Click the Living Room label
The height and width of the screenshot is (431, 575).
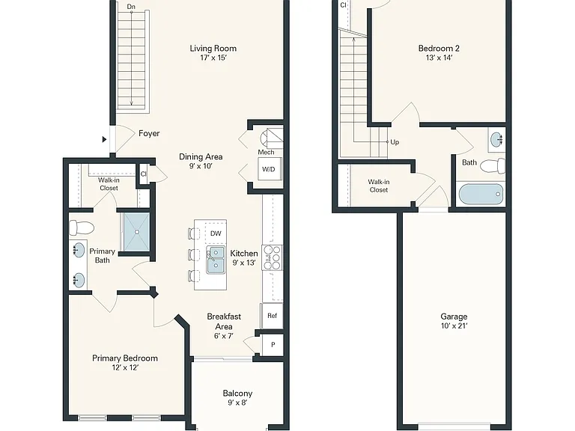click(213, 49)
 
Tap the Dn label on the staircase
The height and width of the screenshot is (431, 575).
click(131, 7)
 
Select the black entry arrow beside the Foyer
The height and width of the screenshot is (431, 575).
click(105, 139)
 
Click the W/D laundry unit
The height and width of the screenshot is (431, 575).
click(270, 169)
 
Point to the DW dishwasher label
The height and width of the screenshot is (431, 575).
click(216, 233)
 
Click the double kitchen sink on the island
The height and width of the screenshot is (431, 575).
click(216, 260)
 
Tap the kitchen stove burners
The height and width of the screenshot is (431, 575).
click(272, 257)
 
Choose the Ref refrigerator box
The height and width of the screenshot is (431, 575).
click(272, 316)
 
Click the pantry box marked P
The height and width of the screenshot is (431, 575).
click(273, 344)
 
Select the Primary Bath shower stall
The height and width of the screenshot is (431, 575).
click(137, 232)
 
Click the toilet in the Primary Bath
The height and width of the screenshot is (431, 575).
click(82, 227)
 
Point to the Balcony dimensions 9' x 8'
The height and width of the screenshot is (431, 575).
click(237, 403)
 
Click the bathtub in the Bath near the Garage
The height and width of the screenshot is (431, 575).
click(481, 195)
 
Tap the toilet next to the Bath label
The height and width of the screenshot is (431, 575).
click(493, 166)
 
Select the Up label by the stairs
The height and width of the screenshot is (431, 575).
click(395, 142)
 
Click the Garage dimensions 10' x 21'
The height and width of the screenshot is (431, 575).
click(454, 325)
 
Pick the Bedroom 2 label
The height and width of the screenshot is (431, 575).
click(439, 49)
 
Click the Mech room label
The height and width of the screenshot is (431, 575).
click(266, 152)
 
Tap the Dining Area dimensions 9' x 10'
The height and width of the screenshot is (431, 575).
click(201, 166)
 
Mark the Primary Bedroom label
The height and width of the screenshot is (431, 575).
click(125, 358)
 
